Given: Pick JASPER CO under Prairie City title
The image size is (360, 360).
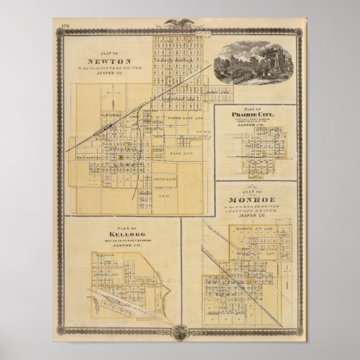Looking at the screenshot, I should (x=255, y=125).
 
